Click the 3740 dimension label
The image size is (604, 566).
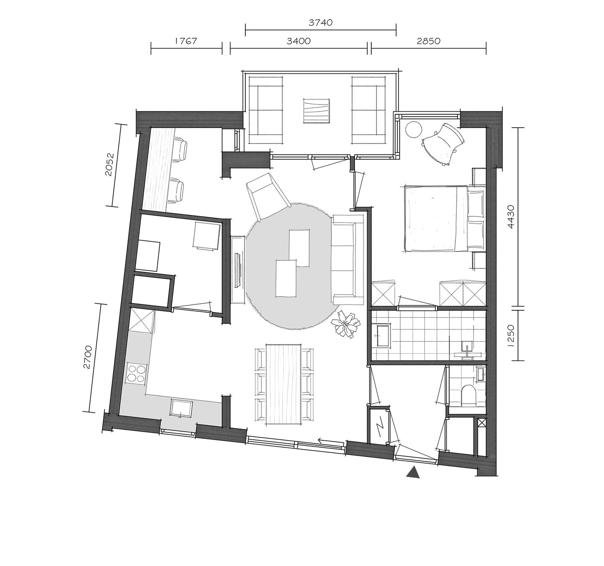pyautogui.click(x=320, y=23)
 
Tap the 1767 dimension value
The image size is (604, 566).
pyautogui.click(x=186, y=41)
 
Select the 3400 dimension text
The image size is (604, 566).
pyautogui.click(x=298, y=41)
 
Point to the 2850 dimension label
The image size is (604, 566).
pyautogui.click(x=428, y=41)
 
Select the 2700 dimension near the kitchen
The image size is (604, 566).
pyautogui.click(x=87, y=357)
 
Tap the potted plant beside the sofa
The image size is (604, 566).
pyautogui.click(x=346, y=324)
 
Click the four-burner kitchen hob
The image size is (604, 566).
pyautogui.click(x=137, y=373)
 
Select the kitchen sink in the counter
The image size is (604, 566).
pyautogui.click(x=181, y=408)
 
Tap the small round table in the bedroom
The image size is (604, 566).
pyautogui.click(x=413, y=128)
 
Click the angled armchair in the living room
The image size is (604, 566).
pyautogui.click(x=268, y=195)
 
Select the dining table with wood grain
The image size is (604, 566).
pyautogui.click(x=285, y=384)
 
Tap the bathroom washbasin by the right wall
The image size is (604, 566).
pyautogui.click(x=468, y=349)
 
